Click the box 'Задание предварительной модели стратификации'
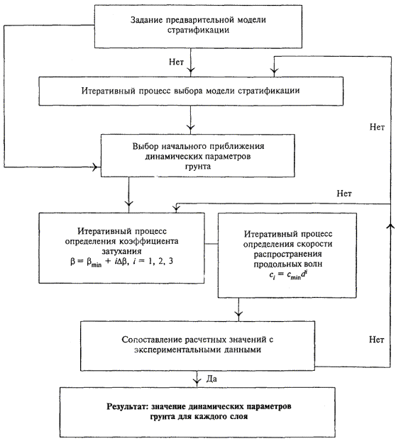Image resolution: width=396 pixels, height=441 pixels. pos(198,26)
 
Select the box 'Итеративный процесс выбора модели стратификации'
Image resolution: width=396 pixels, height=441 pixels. pos(191,91)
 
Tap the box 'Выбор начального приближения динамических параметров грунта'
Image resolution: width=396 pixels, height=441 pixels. pos(198,155)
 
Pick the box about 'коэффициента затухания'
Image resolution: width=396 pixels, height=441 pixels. pos(121,247)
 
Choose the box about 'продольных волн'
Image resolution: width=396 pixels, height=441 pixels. pos(287,255)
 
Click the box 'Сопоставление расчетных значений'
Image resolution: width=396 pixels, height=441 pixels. pos(197,346)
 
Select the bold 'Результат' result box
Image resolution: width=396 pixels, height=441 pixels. pos(197,412)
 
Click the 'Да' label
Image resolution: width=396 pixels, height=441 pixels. pos(211,379)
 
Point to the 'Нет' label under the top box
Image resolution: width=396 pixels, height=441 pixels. pos(177,62)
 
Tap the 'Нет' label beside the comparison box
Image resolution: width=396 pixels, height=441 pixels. pos(377,340)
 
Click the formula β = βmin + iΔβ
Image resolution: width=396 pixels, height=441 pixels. pos(121,262)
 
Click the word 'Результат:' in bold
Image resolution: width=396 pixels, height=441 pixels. pos(128,407)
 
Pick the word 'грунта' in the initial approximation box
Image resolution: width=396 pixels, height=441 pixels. pos(198,166)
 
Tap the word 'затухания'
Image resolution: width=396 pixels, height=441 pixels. pos(121,251)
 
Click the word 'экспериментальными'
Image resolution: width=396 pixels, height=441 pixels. pos(177,350)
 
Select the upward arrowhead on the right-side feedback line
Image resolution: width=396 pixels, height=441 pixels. pos(390,226)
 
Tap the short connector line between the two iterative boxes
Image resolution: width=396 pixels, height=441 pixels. pos(211,244)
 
